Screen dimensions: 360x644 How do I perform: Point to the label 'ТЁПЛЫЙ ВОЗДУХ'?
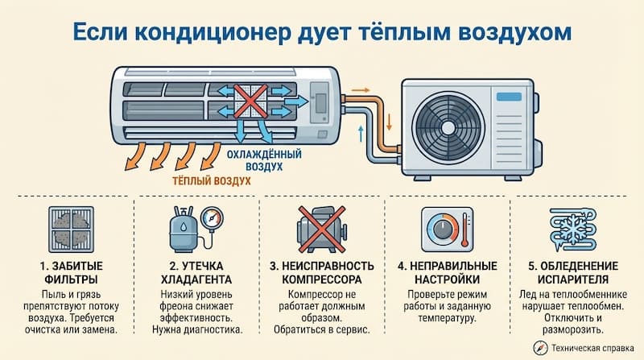pos(212,181)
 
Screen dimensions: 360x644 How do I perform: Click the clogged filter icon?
pos(70,229)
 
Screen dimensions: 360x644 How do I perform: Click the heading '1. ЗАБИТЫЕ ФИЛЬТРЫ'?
pos(70,273)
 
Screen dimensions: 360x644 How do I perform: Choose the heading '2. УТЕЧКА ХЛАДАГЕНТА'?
pos(196,273)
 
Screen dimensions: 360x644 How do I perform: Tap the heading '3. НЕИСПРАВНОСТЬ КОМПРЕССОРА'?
pos(320,273)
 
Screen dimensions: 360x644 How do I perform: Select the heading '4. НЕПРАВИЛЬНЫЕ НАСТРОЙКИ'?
pos(448,273)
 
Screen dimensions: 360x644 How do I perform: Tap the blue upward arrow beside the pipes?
pos(360,132)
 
